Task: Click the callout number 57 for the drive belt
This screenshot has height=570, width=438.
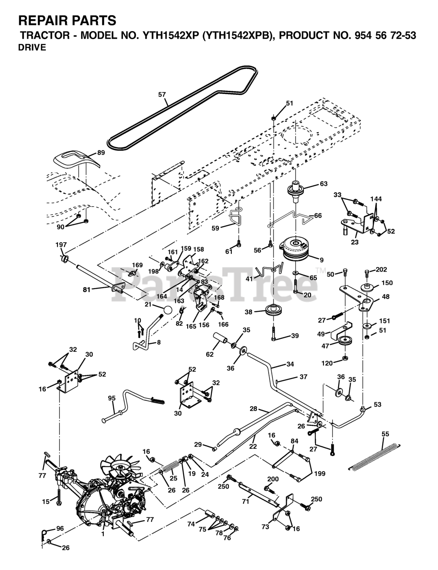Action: [162, 94]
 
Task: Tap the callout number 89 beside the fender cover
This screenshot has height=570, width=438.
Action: [101, 153]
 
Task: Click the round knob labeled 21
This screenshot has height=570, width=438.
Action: [168, 310]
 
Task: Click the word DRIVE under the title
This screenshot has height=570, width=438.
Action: [32, 48]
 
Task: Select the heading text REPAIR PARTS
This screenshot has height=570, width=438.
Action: [67, 20]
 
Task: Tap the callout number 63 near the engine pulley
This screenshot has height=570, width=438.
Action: [323, 183]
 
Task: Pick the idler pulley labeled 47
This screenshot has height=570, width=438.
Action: [345, 341]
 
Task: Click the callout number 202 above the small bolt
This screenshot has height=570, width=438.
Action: [381, 269]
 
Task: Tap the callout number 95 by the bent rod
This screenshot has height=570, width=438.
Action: [111, 398]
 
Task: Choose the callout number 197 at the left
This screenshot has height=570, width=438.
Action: [61, 245]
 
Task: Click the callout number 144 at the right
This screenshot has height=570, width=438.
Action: [376, 199]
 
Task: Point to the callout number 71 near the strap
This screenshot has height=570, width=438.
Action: [246, 502]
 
